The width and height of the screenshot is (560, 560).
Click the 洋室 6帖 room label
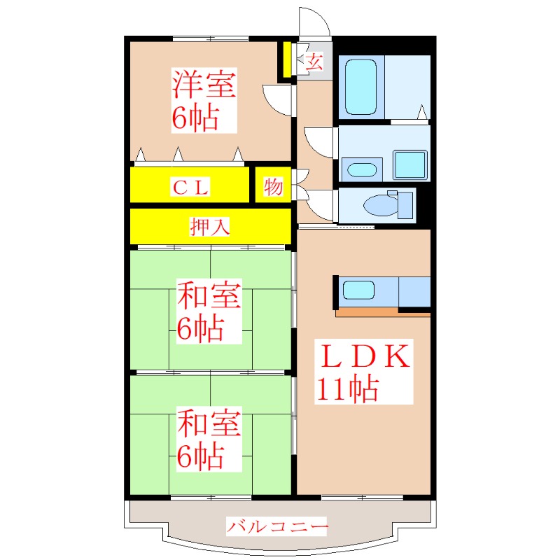click(x=204, y=101)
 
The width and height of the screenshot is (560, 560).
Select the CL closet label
click(x=190, y=187)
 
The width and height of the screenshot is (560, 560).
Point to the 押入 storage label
click(x=210, y=227)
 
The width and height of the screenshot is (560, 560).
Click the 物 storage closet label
click(x=273, y=187)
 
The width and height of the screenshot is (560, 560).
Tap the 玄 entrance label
click(x=314, y=62)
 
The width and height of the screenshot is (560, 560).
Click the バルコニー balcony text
click(x=277, y=526)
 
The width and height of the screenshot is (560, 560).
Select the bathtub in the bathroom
click(x=360, y=87)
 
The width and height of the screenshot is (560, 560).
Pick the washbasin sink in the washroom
click(x=362, y=170)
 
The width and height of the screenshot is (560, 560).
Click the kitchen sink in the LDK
click(x=359, y=290)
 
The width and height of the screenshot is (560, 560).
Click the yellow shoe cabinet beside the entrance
click(x=286, y=60)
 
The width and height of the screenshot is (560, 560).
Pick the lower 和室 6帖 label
click(x=209, y=440)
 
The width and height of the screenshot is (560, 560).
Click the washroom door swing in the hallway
click(x=318, y=142)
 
